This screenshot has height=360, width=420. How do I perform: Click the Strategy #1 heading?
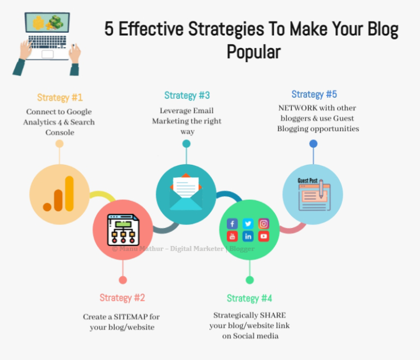coord(60,98)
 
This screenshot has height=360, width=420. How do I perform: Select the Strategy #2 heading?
coord(122,297)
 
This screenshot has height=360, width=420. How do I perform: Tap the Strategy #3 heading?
coord(187,95)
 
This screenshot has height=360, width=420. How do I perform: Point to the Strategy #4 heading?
coord(250,298)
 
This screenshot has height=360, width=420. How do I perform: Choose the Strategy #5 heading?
coord(314,94)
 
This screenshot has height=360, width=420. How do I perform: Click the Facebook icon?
coord(232,223)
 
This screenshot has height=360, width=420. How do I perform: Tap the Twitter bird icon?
coord(248,223)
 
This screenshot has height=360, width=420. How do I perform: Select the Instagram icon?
coord(264,223)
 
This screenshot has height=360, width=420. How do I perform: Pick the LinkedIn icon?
coord(248,236)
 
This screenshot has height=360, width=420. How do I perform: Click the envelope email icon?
coord(186,192)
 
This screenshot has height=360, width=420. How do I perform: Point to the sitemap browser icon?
coord(123,230)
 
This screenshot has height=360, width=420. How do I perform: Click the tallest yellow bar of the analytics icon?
coord(69,194)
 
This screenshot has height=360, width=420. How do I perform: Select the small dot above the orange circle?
coord(59,144)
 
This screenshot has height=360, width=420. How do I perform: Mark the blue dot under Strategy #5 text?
coord(313,144)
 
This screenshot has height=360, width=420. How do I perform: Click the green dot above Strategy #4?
coord(250,280)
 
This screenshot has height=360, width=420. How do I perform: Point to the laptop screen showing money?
coord(47,23)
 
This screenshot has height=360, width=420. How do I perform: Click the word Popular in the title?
coord(253,52)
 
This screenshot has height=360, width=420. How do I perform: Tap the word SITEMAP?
coord(131,317)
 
